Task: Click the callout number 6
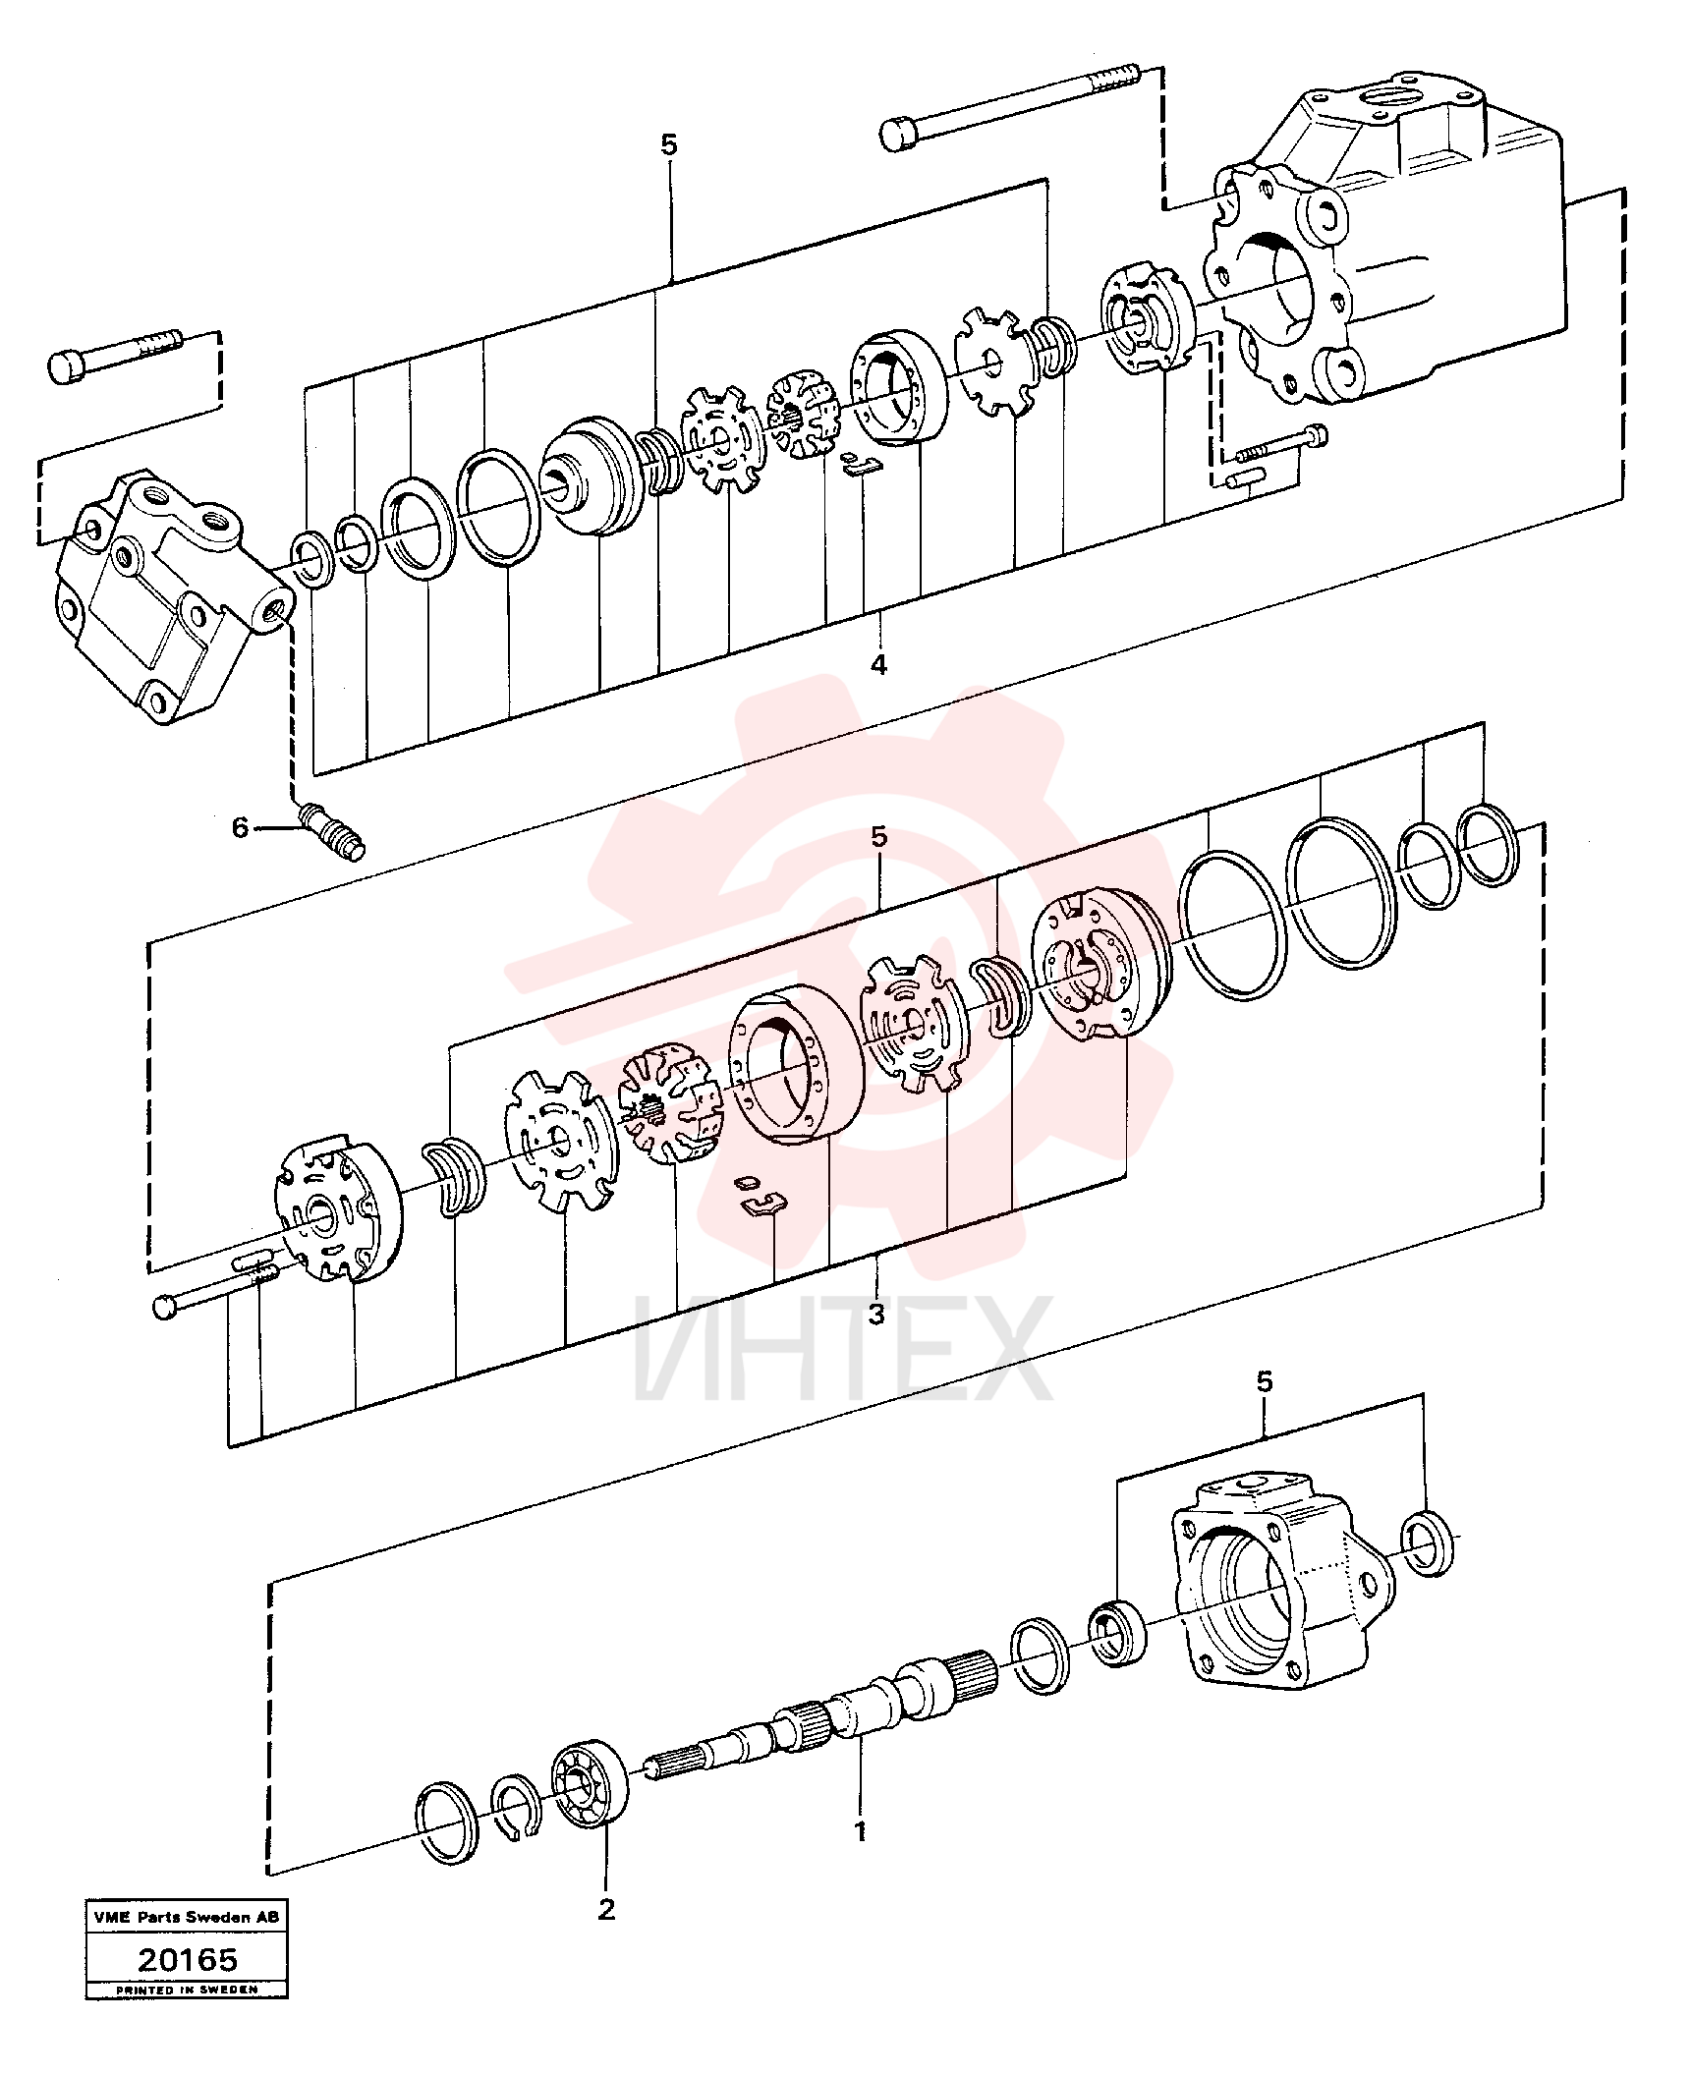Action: (x=241, y=827)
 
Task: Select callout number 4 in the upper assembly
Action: (x=878, y=664)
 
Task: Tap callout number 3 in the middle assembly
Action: (x=877, y=1313)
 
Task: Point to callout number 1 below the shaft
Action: (x=861, y=1832)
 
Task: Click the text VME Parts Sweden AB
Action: (x=187, y=1917)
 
